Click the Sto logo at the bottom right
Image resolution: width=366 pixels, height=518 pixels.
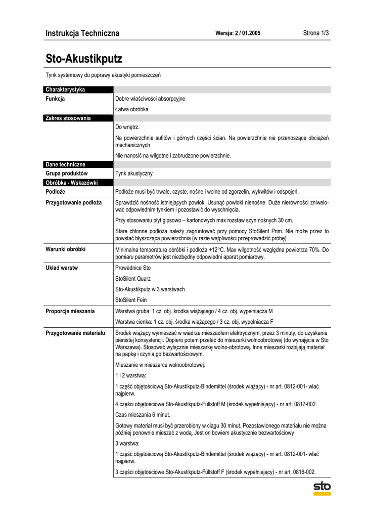pyautogui.click(x=322, y=489)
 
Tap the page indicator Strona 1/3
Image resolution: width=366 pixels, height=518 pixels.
pyautogui.click(x=316, y=33)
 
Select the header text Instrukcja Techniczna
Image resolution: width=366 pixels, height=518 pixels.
pyautogui.click(x=82, y=33)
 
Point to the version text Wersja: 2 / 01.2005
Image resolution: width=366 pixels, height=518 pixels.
pyautogui.click(x=238, y=34)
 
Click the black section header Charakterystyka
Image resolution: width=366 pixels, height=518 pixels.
pyautogui.click(x=65, y=90)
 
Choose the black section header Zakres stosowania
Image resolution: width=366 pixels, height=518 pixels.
pyautogui.click(x=68, y=118)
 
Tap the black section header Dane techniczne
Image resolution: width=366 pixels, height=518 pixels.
pyautogui.click(x=66, y=164)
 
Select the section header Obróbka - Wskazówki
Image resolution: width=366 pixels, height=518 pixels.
pyautogui.click(x=72, y=183)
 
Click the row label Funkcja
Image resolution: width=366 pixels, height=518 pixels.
pyautogui.click(x=55, y=99)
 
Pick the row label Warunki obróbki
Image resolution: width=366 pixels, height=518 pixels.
pyautogui.click(x=66, y=249)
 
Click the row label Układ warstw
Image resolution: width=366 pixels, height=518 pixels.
pyautogui.click(x=62, y=268)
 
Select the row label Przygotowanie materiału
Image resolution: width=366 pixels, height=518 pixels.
pyautogui.click(x=75, y=333)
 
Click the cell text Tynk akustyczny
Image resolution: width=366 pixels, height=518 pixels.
pyautogui.click(x=134, y=174)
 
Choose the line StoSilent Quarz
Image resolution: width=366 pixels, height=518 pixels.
pyautogui.click(x=133, y=279)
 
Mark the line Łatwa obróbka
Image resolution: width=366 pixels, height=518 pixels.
pyautogui.click(x=132, y=109)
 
